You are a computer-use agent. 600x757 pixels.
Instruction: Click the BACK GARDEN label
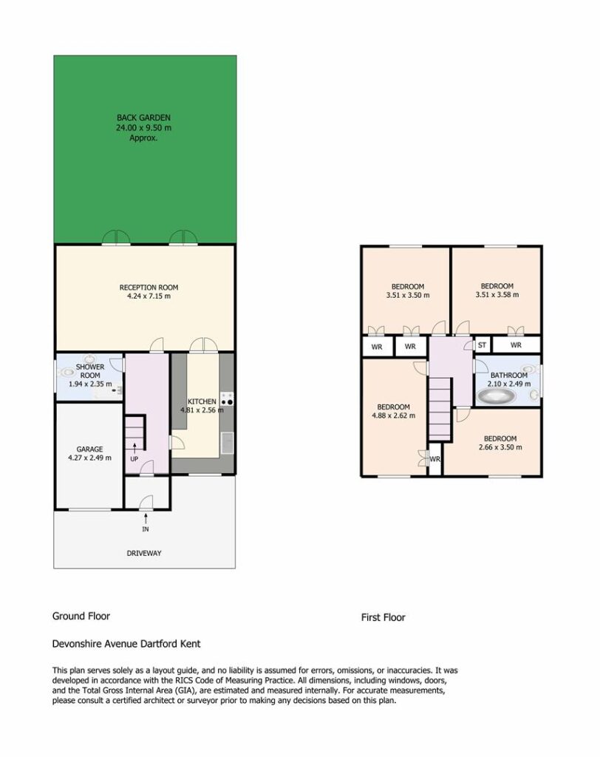coord(143,118)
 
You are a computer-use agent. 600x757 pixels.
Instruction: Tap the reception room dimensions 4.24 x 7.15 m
coord(149,296)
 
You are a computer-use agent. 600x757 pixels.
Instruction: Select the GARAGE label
coord(90,449)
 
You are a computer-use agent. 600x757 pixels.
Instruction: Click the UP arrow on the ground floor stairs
coord(134,447)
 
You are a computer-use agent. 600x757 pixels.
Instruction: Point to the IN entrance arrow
coord(146,518)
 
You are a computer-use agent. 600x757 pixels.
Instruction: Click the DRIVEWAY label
coord(144,553)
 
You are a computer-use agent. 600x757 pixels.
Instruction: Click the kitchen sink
coord(227,444)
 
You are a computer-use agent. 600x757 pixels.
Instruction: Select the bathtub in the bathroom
coord(497,397)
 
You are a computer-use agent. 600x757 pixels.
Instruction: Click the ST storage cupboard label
coord(482,344)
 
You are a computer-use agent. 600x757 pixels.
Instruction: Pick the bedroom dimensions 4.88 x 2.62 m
coord(393,415)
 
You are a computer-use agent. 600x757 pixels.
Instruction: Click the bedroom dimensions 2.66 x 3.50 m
coord(500,447)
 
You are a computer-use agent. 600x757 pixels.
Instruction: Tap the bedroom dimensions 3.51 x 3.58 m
coord(497,294)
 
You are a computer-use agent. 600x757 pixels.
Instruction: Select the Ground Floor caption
coord(81,616)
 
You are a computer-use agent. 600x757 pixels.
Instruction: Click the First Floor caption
coord(383,617)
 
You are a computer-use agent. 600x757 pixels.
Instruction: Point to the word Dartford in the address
coord(159,644)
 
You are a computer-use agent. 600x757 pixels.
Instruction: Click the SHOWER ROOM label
coord(90,371)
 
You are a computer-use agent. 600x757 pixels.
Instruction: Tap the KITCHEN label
coord(202,401)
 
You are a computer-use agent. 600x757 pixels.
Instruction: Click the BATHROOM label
coord(509,375)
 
